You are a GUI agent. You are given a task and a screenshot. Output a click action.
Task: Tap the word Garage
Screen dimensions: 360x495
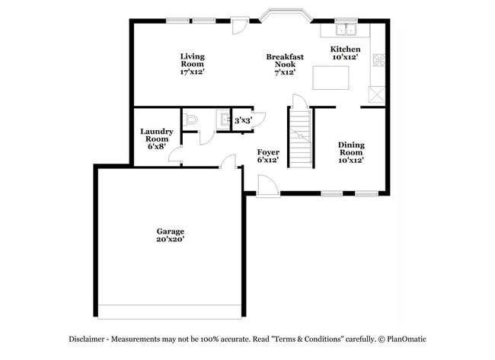tap(171, 231)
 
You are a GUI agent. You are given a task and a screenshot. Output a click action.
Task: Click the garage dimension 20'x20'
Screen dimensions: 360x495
tap(171, 239)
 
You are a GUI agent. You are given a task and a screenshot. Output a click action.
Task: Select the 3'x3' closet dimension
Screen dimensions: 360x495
tap(243, 120)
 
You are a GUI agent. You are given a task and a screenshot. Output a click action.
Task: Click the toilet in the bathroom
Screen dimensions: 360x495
tap(191, 119)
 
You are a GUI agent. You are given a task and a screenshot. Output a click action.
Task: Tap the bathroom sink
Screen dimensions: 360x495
tap(222, 120)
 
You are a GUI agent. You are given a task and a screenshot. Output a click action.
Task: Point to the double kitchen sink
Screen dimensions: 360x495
tap(346, 30)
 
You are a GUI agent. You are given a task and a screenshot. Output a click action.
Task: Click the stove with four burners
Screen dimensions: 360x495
tap(378, 62)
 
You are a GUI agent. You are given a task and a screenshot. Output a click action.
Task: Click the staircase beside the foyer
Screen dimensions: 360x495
tap(301, 137)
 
